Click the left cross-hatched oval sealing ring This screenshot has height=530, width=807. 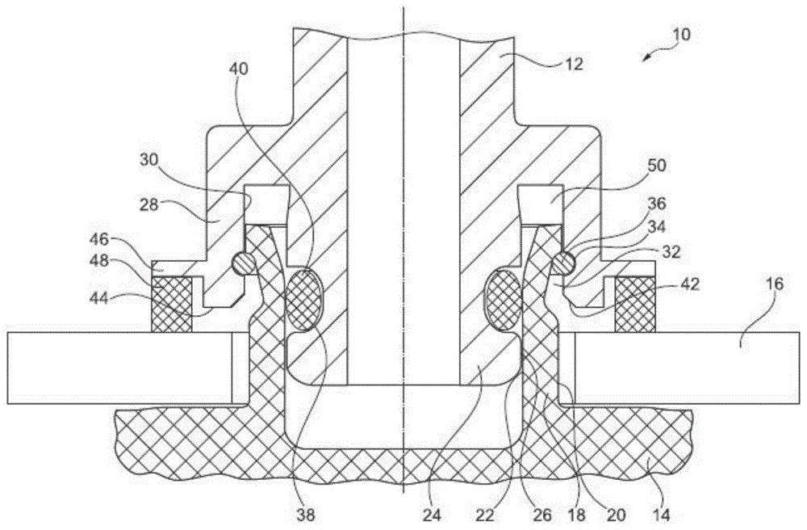(x=304, y=300)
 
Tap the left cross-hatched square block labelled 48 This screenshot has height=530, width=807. (x=170, y=304)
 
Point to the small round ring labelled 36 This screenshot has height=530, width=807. (x=566, y=261)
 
